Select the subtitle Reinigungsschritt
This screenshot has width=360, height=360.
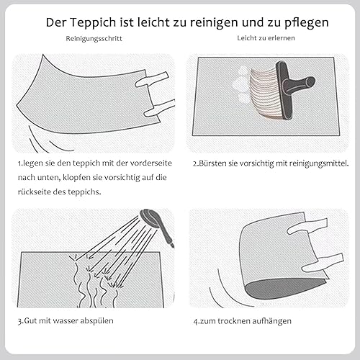click(94, 39)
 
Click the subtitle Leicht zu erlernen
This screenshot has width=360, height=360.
click(266, 38)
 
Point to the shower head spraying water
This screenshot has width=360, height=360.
click(157, 225)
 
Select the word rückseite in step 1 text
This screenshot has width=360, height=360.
click(34, 192)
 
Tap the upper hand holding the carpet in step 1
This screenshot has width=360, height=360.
click(152, 79)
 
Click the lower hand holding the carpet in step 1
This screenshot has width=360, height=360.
click(159, 109)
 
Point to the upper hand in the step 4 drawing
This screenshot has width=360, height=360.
click(307, 226)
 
